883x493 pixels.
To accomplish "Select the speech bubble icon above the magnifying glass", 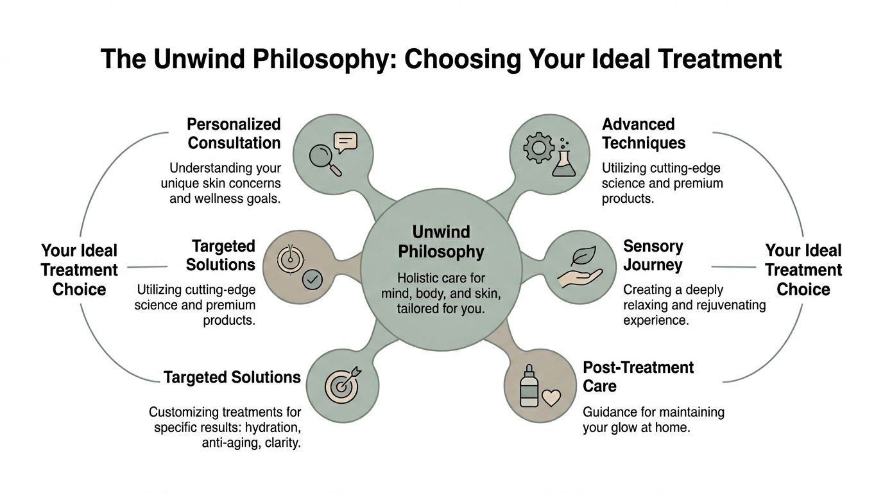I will [x=345, y=141].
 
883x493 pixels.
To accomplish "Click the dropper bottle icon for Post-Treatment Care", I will [x=529, y=388].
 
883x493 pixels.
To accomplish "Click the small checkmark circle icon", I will [x=312, y=279].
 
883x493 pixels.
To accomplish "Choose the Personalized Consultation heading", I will [x=234, y=133].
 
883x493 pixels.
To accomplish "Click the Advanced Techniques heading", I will [x=644, y=133].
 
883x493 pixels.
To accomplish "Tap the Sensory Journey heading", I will [x=653, y=255].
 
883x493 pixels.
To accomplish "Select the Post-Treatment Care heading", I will [x=638, y=376].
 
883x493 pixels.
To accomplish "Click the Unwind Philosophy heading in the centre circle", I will [x=441, y=241].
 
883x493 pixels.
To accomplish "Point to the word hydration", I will [x=273, y=427].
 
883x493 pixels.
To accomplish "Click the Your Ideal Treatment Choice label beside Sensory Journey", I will [x=803, y=270].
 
